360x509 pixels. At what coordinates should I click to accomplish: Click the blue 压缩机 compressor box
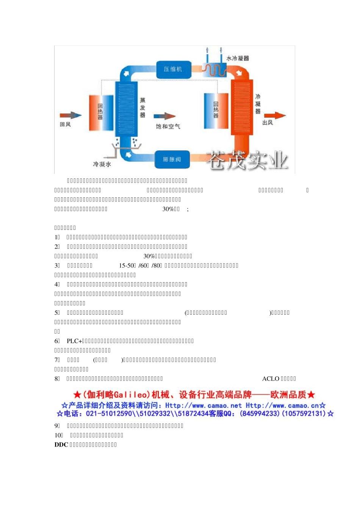[x=173, y=69]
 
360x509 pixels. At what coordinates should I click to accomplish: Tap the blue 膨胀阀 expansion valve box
[x=172, y=159]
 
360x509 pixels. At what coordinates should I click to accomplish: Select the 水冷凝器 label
[x=238, y=58]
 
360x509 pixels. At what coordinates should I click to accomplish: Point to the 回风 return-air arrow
[x=70, y=115]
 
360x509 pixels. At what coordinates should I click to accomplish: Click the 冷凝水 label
[x=102, y=164]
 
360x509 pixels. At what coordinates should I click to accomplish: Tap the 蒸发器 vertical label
[x=142, y=108]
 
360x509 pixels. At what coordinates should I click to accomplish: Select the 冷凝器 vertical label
[x=258, y=104]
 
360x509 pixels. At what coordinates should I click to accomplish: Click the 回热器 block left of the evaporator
[x=101, y=112]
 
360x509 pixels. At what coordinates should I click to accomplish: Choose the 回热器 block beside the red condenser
[x=216, y=111]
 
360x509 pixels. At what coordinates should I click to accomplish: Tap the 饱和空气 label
[x=168, y=126]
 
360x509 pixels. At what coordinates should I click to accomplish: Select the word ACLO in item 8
[x=271, y=379]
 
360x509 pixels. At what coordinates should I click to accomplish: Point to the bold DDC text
[x=61, y=445]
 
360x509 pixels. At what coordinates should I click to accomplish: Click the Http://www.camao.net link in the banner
[x=203, y=405]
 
